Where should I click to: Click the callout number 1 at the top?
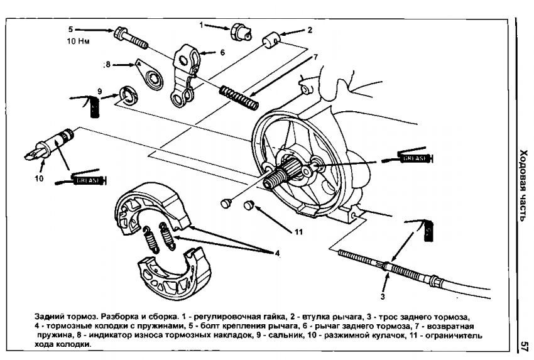pos(202,25)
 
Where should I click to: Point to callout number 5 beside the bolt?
pos(71,29)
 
